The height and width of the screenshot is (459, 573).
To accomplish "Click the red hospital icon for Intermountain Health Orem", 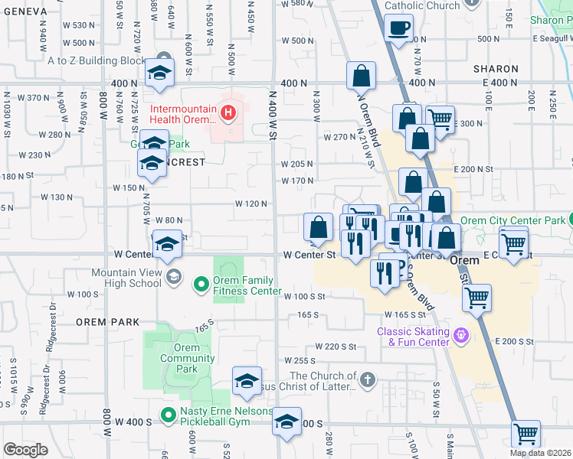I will point(228,115).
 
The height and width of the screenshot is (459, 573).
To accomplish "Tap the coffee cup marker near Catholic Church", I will point(398,29).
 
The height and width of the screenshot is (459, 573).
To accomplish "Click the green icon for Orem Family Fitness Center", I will point(201,285).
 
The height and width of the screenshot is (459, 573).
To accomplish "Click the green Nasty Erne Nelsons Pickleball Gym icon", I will point(167,416).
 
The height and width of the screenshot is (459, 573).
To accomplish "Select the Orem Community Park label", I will point(182,358).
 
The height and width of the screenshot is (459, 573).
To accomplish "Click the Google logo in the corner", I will point(25,449).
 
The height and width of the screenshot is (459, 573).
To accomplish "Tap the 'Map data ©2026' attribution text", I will point(540,453).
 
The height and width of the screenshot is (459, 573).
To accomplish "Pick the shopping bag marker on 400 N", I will point(361,76).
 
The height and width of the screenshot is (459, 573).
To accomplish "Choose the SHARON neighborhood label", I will point(496,69).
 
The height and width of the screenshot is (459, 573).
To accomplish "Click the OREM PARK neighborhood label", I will point(107,322).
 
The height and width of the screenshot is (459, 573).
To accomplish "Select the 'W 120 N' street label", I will point(250,203).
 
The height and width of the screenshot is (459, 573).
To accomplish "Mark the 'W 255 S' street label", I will point(300,360).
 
